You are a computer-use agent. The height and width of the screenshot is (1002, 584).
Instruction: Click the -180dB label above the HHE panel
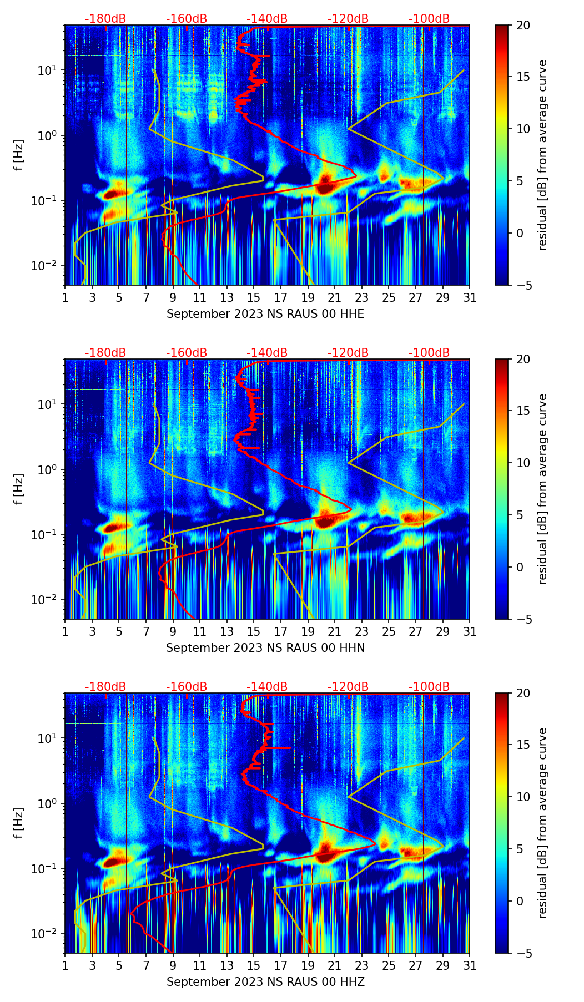pos(105,19)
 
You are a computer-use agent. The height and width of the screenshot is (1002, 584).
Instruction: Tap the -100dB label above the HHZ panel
pos(429,687)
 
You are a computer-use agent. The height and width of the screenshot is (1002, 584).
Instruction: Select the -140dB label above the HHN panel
pos(267,353)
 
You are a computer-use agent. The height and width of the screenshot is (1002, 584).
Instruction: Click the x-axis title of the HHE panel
pos(265,314)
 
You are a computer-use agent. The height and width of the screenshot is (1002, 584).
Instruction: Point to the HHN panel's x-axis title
pos(265,648)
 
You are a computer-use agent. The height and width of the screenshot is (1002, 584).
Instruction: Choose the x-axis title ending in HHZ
pos(265,982)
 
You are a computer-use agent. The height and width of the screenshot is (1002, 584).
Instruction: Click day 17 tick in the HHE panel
pos(280,297)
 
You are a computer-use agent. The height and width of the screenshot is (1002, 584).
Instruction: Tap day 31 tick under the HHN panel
pos(470,631)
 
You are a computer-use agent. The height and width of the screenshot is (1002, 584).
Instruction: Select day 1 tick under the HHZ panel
pos(65,965)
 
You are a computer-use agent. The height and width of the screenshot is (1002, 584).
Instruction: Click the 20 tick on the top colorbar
pos(522,26)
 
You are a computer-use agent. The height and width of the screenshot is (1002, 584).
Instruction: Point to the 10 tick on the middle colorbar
pos(522,463)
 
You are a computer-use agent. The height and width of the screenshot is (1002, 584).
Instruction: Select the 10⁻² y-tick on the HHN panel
pos(46,600)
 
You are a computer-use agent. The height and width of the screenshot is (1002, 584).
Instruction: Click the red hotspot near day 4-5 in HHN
pos(118,527)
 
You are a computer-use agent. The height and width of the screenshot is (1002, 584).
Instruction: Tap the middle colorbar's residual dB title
pos(543,489)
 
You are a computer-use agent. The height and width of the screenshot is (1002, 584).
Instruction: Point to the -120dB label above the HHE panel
pos(348,19)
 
